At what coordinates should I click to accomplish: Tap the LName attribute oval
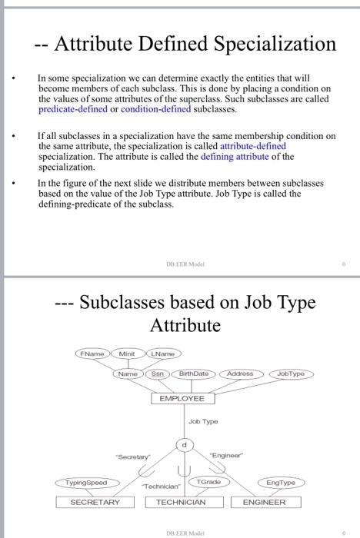click(x=163, y=354)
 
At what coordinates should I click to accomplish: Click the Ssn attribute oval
click(x=158, y=374)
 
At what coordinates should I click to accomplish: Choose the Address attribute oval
click(x=241, y=374)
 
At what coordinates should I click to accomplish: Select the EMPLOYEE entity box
click(x=182, y=399)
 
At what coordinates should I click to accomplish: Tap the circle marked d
click(x=185, y=445)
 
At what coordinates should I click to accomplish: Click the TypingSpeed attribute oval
click(x=85, y=483)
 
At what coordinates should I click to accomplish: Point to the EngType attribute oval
click(x=281, y=483)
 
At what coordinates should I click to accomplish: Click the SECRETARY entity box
click(x=95, y=502)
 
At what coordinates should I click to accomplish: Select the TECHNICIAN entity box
click(x=182, y=502)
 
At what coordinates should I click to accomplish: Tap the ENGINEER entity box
click(x=264, y=502)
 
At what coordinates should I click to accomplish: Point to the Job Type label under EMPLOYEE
click(x=203, y=422)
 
